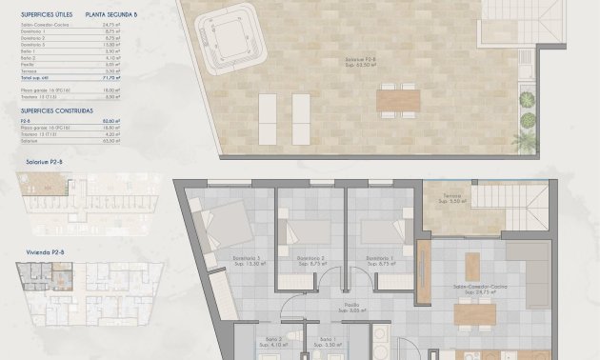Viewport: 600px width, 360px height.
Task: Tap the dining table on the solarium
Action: (396, 99)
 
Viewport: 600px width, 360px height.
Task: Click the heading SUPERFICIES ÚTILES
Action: (44, 15)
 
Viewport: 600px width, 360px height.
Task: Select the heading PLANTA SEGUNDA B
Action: (110, 15)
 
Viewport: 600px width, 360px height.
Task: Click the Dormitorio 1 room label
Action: (379, 260)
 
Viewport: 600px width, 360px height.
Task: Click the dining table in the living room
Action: (474, 312)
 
